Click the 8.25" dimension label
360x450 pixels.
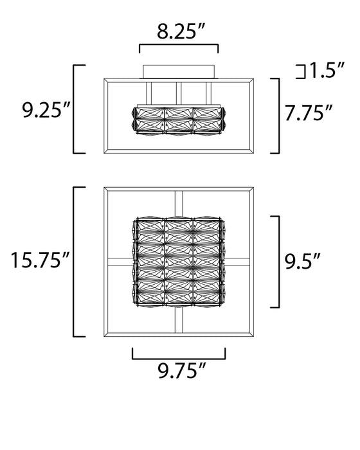[181, 32]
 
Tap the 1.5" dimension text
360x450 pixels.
[326, 70]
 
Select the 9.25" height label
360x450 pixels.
[46, 110]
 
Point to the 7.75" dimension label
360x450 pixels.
[309, 113]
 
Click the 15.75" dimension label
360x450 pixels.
[40, 260]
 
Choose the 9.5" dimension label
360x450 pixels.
[302, 261]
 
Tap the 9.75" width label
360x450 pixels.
[182, 371]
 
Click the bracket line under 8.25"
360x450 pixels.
[179, 45]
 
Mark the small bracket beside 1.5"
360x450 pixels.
[301, 72]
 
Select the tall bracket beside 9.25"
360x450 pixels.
[74, 109]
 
